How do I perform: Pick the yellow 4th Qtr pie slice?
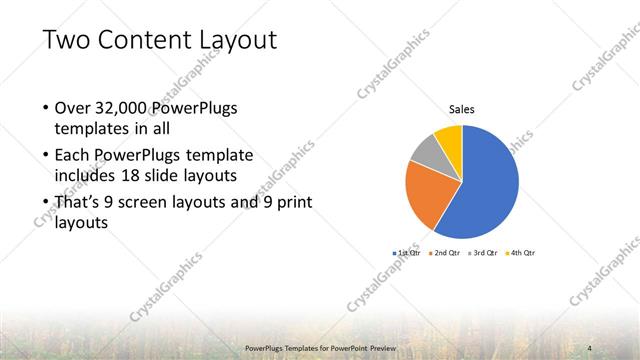click(x=449, y=136)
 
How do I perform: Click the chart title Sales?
click(x=461, y=109)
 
